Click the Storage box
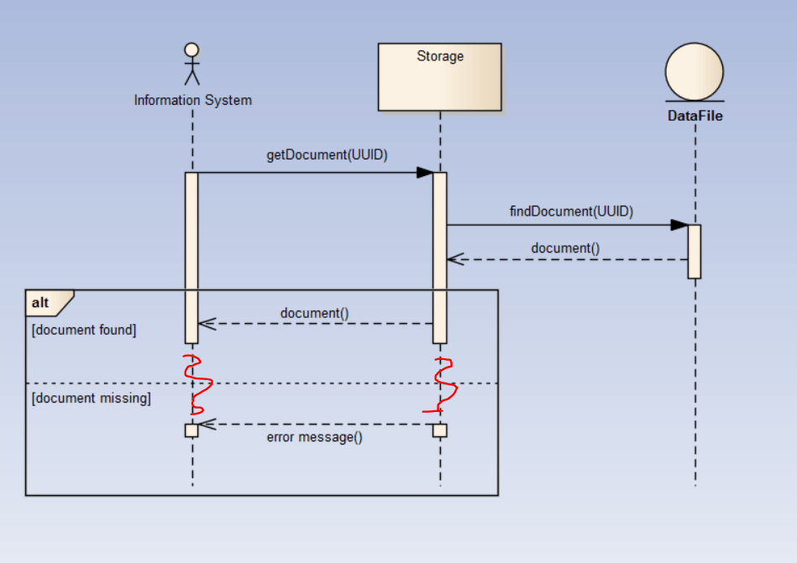439,77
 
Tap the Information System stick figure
192,65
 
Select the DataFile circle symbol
694,72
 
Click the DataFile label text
695,116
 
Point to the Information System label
192,101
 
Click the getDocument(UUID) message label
327,155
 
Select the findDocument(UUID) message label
571,211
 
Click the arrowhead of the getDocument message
425,173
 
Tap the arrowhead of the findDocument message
679,225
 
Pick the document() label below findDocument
565,248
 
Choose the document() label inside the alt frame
314,313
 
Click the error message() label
314,437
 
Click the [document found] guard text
83,331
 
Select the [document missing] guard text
91,398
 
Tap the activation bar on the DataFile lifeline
694,251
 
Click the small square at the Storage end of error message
440,430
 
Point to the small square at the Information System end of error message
191,430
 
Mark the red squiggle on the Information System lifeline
197,384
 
